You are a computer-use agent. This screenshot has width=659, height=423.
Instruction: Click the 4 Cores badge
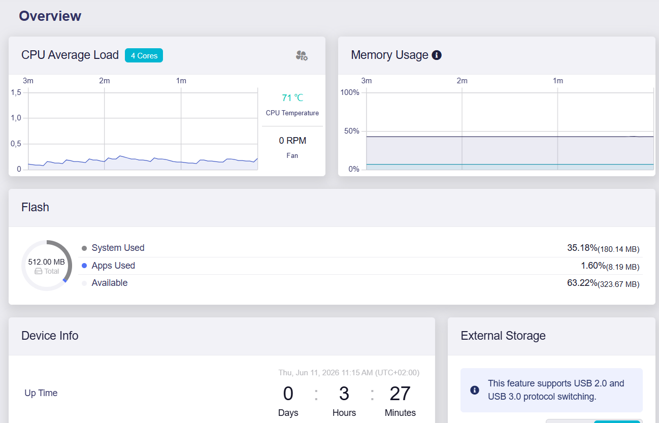[144, 55]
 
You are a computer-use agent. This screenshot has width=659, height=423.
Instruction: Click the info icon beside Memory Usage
[437, 55]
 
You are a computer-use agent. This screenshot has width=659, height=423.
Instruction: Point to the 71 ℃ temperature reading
[292, 97]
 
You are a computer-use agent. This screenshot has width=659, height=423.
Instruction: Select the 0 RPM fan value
[292, 141]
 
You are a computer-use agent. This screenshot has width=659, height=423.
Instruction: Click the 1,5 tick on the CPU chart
[16, 92]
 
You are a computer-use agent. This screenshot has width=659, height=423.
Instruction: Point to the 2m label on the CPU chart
[105, 81]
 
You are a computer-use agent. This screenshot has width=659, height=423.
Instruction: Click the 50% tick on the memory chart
[351, 131]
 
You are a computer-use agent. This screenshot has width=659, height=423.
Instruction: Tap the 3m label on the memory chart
[366, 81]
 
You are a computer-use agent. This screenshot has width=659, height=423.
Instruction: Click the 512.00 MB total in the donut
[47, 262]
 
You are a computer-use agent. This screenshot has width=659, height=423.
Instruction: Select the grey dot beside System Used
[84, 248]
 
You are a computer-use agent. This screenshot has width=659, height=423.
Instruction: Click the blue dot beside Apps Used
[84, 266]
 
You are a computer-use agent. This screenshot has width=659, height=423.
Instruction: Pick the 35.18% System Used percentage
[582, 248]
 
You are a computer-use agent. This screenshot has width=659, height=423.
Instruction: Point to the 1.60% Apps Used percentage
[593, 266]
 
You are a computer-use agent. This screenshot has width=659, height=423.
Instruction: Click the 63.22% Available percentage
[582, 283]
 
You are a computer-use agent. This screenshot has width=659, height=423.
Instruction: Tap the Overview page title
[50, 16]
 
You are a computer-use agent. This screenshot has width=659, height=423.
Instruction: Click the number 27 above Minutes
[400, 394]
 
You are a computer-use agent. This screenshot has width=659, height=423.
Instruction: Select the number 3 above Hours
[344, 394]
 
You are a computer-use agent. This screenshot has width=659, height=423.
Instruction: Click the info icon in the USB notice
[475, 390]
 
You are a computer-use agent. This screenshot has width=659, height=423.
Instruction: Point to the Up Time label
[41, 393]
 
